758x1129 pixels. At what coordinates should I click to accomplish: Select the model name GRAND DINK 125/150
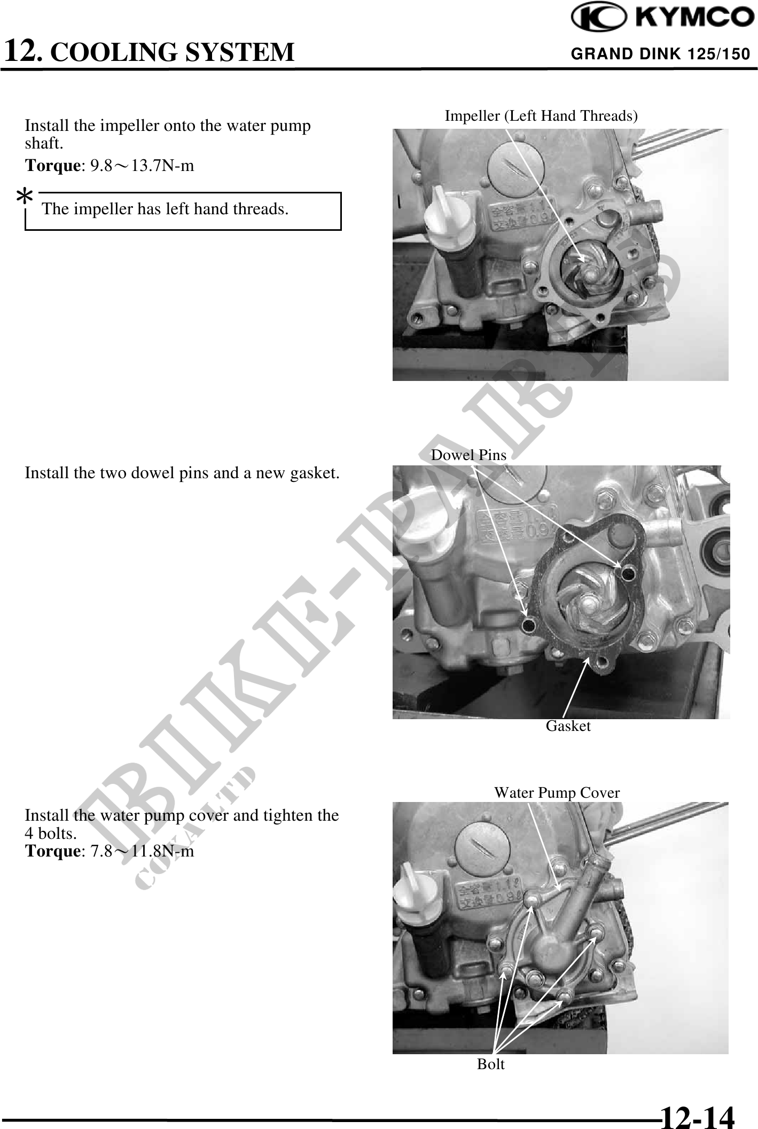661,54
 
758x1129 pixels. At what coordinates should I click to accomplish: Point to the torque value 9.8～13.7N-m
142,166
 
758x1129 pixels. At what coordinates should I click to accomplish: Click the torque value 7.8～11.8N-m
142,851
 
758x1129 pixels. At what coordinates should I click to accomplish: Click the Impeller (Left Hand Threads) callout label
541,115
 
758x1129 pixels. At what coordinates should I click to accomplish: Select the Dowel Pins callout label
468,455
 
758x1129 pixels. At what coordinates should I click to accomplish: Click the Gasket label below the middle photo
568,726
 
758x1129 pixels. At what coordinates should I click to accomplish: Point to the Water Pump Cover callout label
557,792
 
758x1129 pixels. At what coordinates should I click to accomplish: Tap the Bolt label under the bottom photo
490,1064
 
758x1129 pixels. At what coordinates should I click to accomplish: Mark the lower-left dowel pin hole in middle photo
529,624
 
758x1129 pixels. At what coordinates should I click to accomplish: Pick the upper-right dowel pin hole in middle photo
627,574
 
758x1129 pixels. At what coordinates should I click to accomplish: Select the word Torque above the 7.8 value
52,851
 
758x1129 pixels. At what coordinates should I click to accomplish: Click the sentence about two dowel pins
182,473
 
